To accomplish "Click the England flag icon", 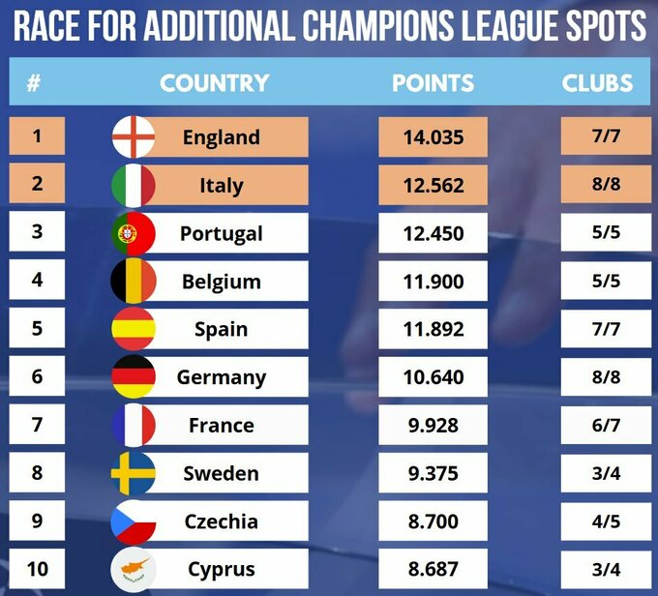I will [134, 137].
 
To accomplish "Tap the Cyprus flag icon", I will [134, 569].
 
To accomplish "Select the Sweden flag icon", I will [134, 473].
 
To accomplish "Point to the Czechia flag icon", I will [134, 521].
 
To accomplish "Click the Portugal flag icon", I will [134, 233].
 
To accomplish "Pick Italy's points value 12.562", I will [433, 185].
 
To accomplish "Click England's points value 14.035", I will [433, 137].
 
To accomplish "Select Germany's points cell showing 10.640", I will [433, 377].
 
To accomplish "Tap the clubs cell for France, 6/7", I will [606, 426].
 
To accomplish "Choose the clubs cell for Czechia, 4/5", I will [606, 521].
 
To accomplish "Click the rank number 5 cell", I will [37, 329].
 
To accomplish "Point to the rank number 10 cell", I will [37, 569].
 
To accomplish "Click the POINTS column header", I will [433, 83].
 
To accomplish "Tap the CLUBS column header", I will [597, 83].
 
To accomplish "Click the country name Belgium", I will [222, 282].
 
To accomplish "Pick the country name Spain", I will [222, 329].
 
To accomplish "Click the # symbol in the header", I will [34, 83].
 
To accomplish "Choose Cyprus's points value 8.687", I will [433, 569].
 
